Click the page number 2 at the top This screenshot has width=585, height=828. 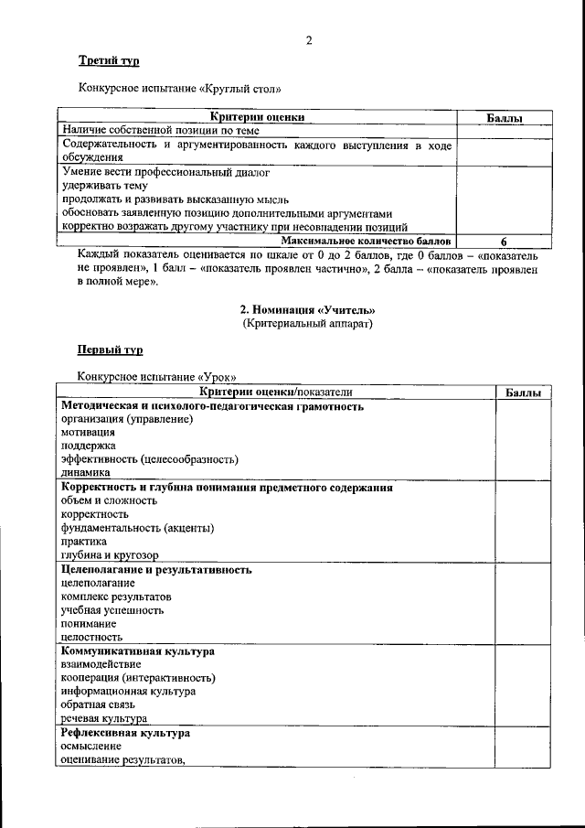(309, 40)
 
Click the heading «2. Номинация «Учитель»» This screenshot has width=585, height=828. (307, 310)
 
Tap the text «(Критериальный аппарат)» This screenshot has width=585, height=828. (307, 324)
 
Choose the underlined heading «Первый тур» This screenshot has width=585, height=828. (110, 350)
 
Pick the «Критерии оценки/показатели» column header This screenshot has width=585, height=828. (276, 392)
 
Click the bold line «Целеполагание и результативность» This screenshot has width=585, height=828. (156, 569)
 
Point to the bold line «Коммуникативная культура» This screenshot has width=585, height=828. (138, 651)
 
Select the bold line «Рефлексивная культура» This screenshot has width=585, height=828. (125, 733)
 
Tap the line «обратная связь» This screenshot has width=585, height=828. (98, 705)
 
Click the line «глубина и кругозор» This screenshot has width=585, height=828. (110, 555)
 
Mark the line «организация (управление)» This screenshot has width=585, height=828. (127, 419)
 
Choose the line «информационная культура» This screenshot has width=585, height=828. (128, 692)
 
